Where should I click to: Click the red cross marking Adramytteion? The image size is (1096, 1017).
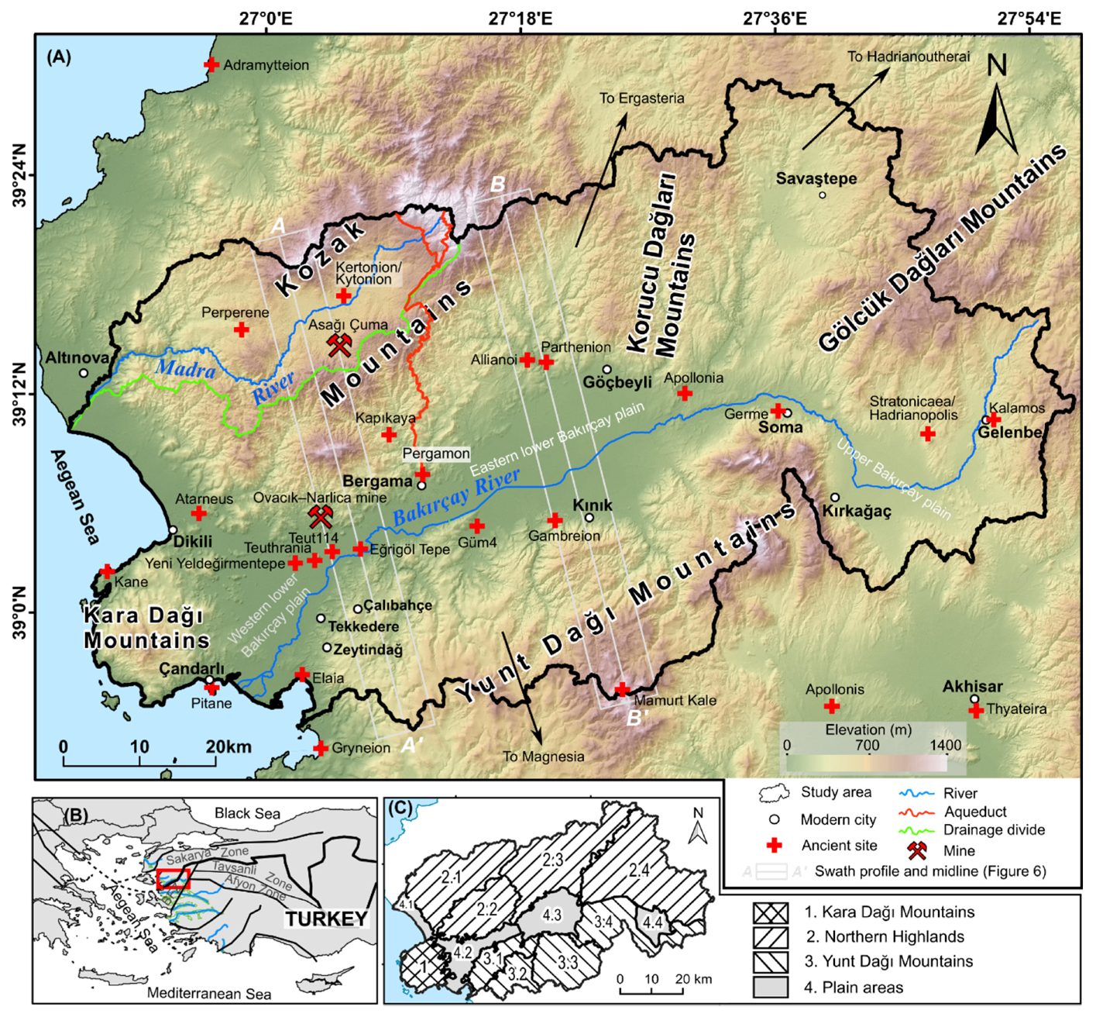tap(211, 65)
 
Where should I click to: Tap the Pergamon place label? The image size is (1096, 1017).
tap(435, 453)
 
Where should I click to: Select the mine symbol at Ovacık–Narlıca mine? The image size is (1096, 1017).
tap(320, 515)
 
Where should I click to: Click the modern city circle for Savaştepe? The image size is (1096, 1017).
tap(823, 195)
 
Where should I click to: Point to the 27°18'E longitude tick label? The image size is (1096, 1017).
tap(520, 18)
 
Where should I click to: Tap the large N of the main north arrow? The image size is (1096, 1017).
tap(997, 67)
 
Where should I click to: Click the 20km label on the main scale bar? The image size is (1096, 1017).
tap(228, 746)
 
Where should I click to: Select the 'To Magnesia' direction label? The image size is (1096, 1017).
tap(543, 757)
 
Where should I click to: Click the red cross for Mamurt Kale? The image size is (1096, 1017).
tap(622, 689)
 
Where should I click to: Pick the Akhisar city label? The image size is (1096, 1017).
tap(972, 686)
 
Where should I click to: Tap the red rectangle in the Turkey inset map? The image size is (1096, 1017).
tap(172, 879)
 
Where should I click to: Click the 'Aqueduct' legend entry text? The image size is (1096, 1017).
tap(975, 812)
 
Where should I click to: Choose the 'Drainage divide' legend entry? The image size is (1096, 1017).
tap(994, 830)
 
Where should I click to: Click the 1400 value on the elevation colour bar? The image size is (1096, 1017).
tap(945, 746)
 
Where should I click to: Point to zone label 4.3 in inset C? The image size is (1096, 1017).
tap(551, 915)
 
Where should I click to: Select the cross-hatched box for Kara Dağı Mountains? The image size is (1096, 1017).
tap(770, 912)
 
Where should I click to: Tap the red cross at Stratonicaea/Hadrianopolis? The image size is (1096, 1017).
tap(927, 433)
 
